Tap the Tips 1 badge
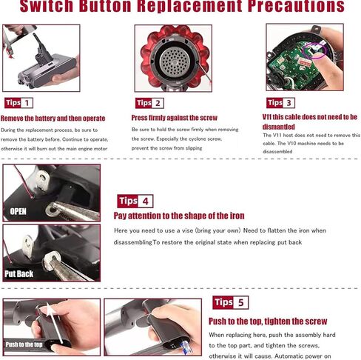point(18,103)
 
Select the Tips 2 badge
point(149,103)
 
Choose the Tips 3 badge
point(280,103)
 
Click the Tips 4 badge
point(135,201)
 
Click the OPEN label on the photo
point(18,211)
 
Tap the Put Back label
point(19,273)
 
